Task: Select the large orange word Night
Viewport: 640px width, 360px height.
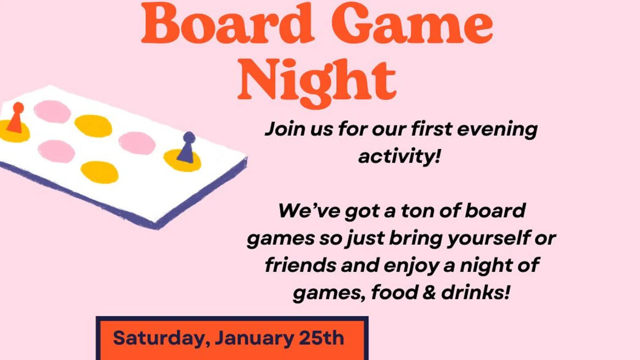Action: pos(317,82)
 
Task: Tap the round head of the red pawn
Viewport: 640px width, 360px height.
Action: pos(18,107)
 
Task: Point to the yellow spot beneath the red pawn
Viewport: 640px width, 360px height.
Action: pos(14,131)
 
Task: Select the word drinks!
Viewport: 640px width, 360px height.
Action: pos(476,292)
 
